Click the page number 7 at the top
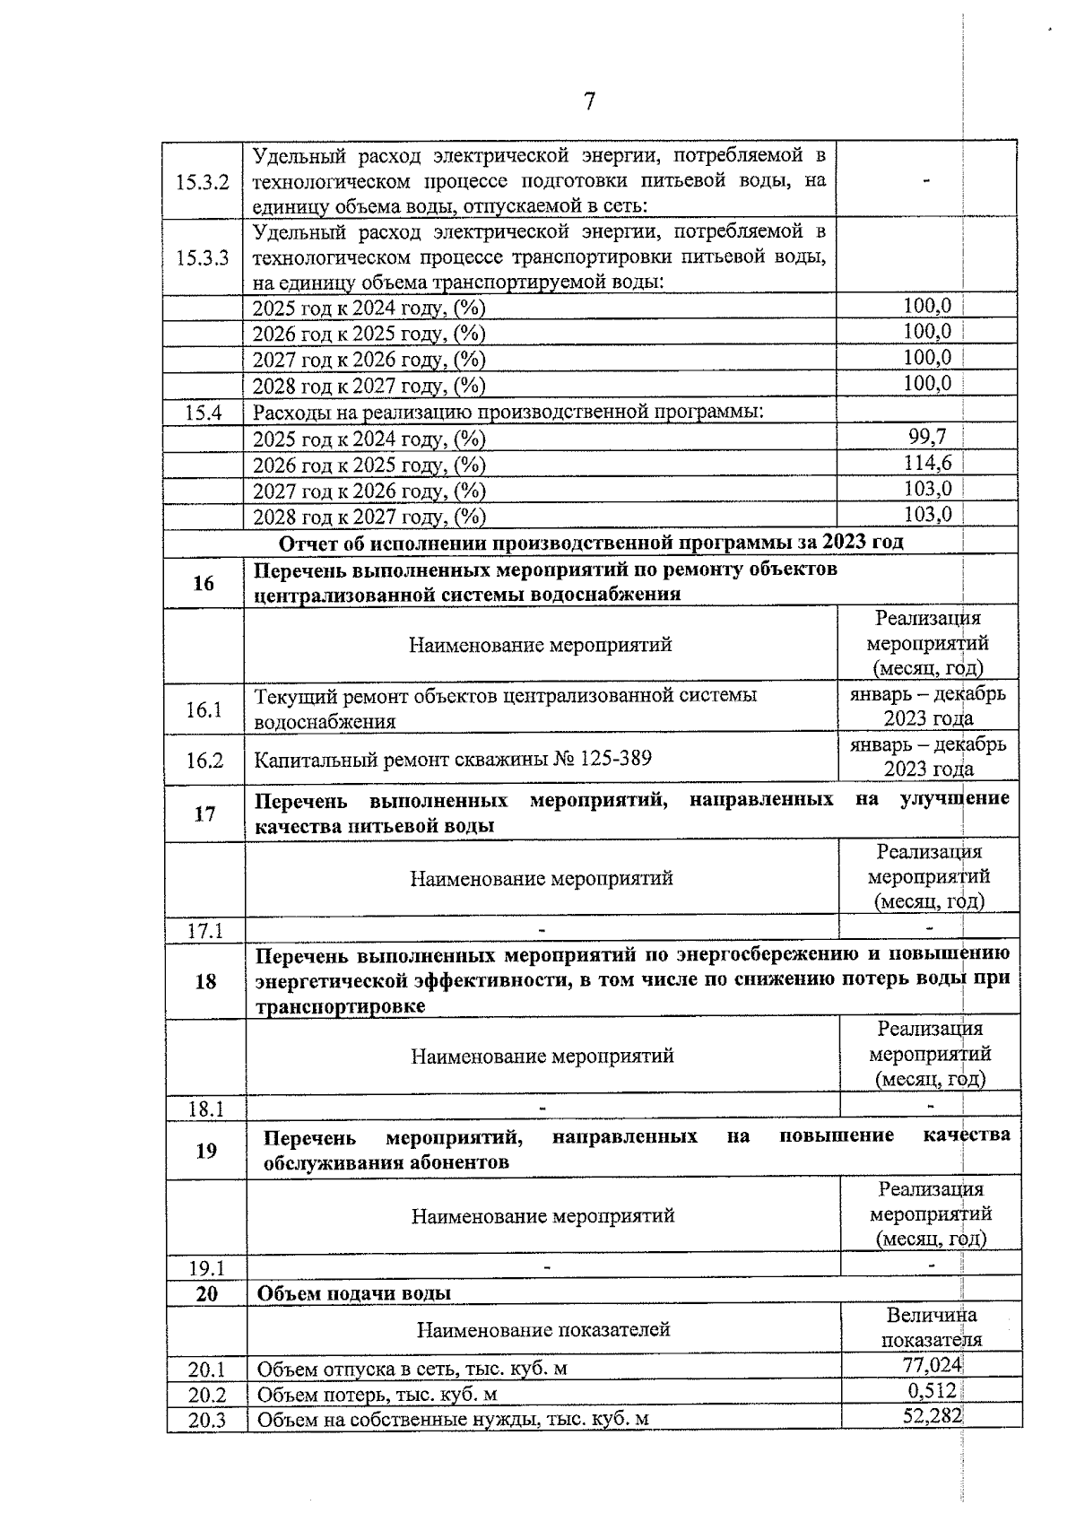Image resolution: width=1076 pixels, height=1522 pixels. coord(589,102)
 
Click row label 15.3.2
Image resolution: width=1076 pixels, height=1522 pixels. coord(203,182)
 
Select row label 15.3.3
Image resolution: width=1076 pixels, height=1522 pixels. coord(203,258)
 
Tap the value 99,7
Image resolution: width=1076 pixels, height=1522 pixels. coord(927,437)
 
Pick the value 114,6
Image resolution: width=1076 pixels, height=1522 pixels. coord(927,463)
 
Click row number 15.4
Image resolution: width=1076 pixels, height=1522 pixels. coord(203,413)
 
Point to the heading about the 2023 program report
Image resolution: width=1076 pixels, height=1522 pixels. coord(591,543)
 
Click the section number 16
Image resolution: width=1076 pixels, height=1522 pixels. coord(204,583)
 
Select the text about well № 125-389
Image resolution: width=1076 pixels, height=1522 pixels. coord(453,759)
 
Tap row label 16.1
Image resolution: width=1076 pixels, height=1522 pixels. coord(204,709)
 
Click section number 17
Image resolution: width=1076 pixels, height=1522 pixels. coord(205,813)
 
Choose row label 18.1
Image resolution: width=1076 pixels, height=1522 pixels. coord(205,1109)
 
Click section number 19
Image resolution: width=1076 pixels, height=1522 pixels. coord(206,1150)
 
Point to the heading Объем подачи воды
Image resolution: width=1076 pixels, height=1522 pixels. coord(354,1292)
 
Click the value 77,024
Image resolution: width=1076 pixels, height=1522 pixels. coord(932,1366)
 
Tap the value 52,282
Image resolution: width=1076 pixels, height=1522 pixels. coord(932,1416)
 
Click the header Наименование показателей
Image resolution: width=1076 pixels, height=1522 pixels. coord(543,1329)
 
